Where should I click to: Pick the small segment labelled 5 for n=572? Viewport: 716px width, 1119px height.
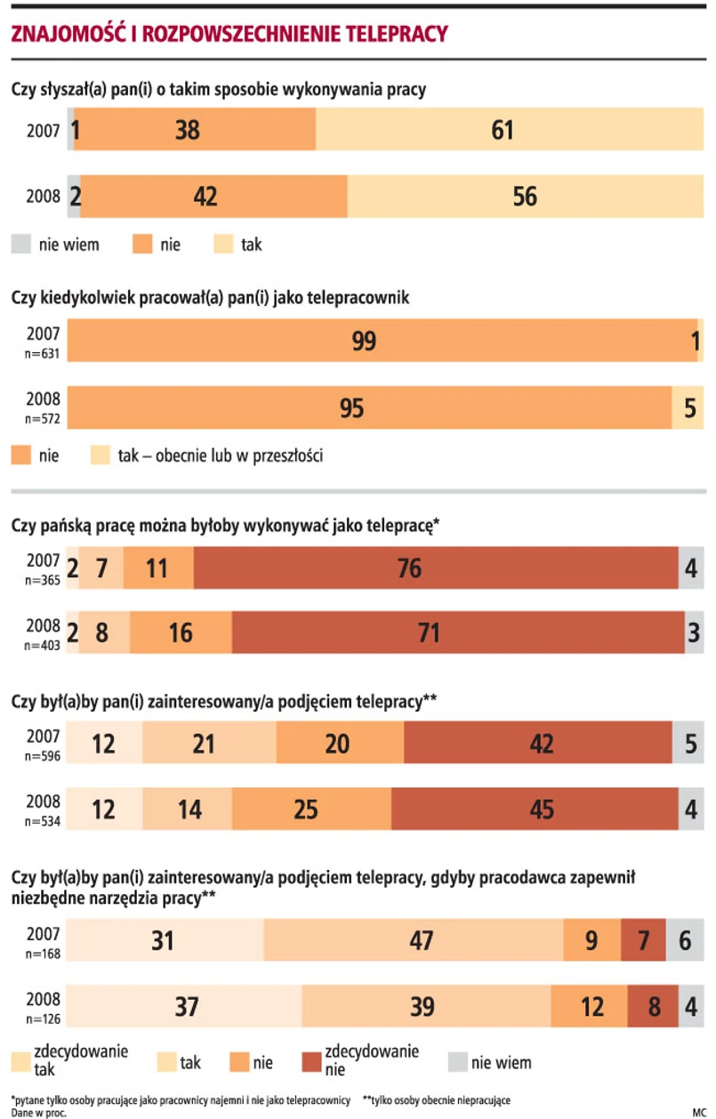(688, 408)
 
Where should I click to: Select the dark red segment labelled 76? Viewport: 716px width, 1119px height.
(436, 568)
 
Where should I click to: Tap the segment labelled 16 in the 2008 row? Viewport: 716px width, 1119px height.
(181, 632)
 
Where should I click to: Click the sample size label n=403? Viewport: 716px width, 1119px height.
(43, 644)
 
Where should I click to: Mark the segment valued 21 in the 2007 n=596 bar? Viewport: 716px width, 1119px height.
(209, 743)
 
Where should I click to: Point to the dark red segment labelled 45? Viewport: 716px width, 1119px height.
(531, 809)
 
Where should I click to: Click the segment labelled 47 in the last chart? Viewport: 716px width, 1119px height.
(414, 940)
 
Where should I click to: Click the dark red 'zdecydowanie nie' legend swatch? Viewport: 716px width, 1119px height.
(310, 1062)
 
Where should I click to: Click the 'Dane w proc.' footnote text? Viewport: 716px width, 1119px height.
(38, 1112)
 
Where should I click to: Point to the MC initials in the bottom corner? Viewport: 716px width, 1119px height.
(697, 1112)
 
